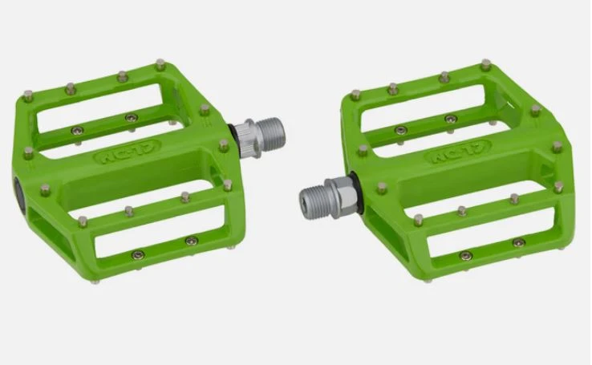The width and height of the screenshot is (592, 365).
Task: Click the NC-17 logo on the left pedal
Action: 127,152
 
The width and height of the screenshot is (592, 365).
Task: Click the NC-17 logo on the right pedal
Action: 458,152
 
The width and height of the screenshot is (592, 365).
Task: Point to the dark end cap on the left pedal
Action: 19,194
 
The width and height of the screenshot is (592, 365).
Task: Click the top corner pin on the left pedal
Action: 160,64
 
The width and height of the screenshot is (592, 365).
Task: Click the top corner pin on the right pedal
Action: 485,65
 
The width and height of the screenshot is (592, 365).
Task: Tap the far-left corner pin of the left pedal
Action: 28,96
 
